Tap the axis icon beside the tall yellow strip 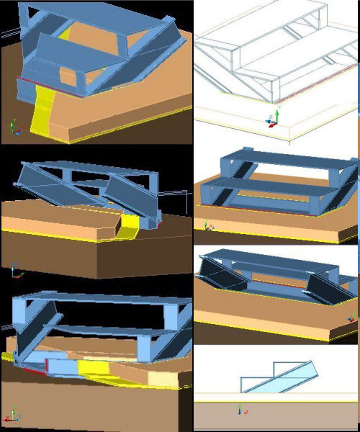[x=14, y=127]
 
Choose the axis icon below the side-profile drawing [x=241, y=410]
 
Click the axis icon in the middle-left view [x=13, y=272]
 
